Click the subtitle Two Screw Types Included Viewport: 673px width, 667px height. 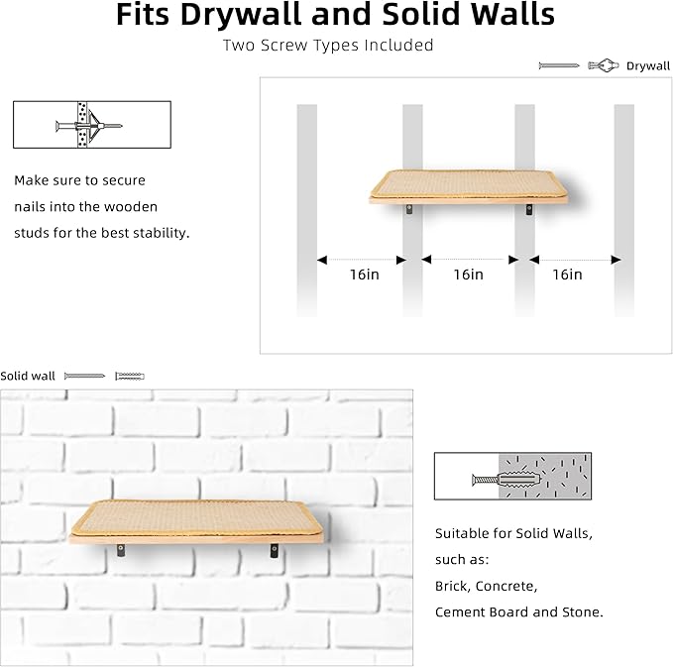[328, 45]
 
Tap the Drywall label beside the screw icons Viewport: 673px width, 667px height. [648, 66]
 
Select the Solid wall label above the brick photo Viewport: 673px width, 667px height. [28, 376]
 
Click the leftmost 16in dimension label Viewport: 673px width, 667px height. [365, 275]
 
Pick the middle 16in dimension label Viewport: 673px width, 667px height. [468, 275]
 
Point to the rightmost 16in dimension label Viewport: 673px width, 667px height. [567, 275]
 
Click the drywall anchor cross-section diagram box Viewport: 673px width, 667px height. [91, 125]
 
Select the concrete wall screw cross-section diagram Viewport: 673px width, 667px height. [512, 477]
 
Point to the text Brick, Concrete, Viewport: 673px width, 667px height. [486, 586]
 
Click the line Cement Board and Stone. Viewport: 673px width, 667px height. [518, 611]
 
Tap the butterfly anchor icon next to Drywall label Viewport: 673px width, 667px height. [603, 66]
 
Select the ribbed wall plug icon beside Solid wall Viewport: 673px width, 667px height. [130, 376]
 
